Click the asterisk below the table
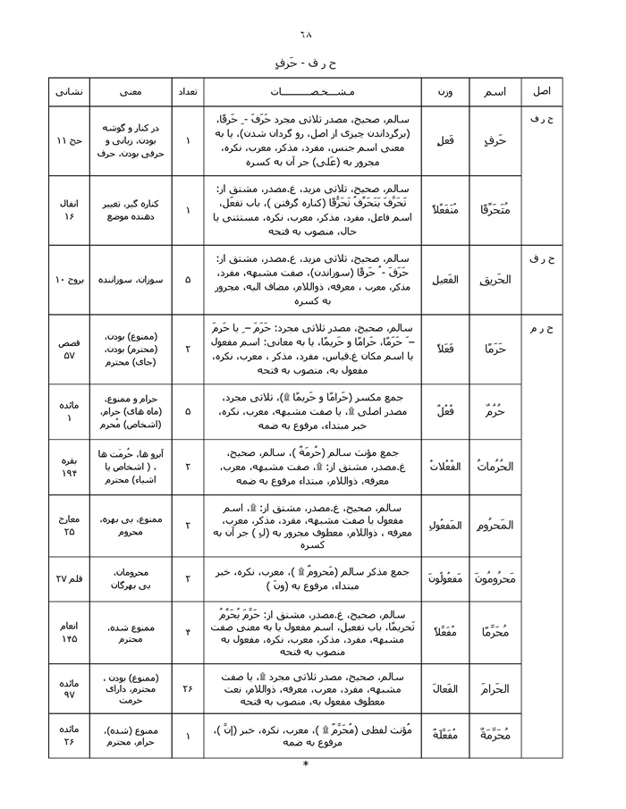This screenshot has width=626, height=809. pos(305,764)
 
